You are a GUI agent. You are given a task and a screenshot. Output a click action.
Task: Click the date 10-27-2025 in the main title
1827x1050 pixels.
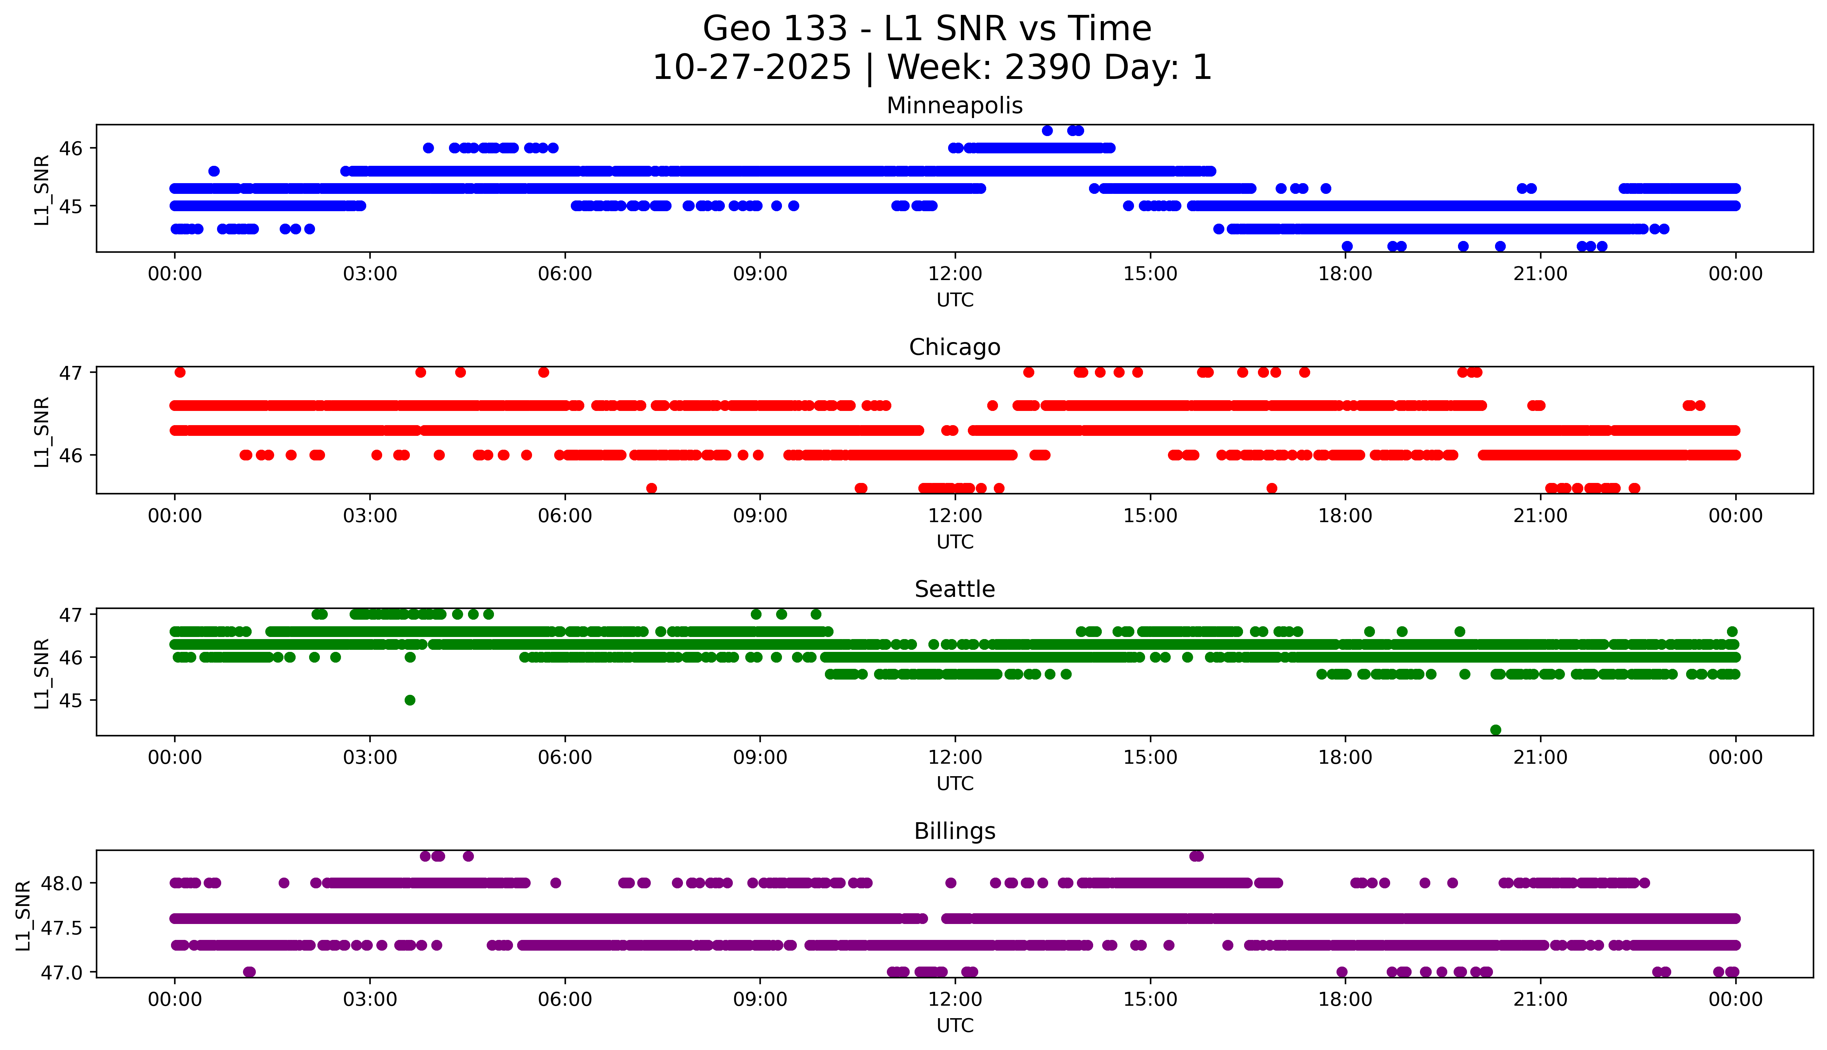coord(751,68)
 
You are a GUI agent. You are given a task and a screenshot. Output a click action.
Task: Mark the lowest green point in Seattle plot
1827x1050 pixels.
coord(1495,730)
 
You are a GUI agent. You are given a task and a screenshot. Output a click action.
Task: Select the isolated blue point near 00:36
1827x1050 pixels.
coord(214,171)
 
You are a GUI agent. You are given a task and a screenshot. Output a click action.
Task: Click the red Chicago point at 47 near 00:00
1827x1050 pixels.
coord(180,372)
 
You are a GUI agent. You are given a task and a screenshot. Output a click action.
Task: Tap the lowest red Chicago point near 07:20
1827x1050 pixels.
coord(651,488)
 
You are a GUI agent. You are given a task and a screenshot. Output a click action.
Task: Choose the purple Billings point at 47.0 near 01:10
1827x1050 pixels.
coord(250,971)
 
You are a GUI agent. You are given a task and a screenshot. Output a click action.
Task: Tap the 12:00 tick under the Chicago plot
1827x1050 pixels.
coord(955,515)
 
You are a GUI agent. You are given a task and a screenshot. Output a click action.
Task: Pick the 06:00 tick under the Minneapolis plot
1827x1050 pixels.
coord(565,274)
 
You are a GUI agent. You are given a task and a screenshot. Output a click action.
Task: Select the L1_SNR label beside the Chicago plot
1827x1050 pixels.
coord(42,431)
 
